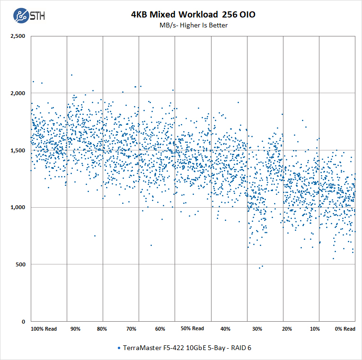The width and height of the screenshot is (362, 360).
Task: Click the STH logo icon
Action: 21,16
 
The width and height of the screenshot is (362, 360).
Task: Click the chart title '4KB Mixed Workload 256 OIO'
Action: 193,15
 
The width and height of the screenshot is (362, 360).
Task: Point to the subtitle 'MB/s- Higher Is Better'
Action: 193,25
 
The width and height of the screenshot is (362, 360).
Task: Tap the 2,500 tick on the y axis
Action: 18,36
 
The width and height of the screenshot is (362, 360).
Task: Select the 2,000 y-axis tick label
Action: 18,93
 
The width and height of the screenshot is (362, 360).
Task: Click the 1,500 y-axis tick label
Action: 18,150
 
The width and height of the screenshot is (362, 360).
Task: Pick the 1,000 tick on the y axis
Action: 18,207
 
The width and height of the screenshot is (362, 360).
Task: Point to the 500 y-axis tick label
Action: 20,264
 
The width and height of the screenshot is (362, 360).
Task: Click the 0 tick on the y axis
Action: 24,322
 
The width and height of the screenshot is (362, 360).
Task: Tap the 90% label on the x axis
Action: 75,329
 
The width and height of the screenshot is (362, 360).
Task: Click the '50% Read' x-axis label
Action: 192,328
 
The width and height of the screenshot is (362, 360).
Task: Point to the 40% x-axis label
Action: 226,329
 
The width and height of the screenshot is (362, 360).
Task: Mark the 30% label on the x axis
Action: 257,329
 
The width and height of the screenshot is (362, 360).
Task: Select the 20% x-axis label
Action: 287,329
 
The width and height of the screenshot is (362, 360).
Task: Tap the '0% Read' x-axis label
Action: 345,329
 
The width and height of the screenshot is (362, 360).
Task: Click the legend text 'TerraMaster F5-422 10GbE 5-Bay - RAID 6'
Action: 187,348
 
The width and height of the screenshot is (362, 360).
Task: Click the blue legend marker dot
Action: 118,348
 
